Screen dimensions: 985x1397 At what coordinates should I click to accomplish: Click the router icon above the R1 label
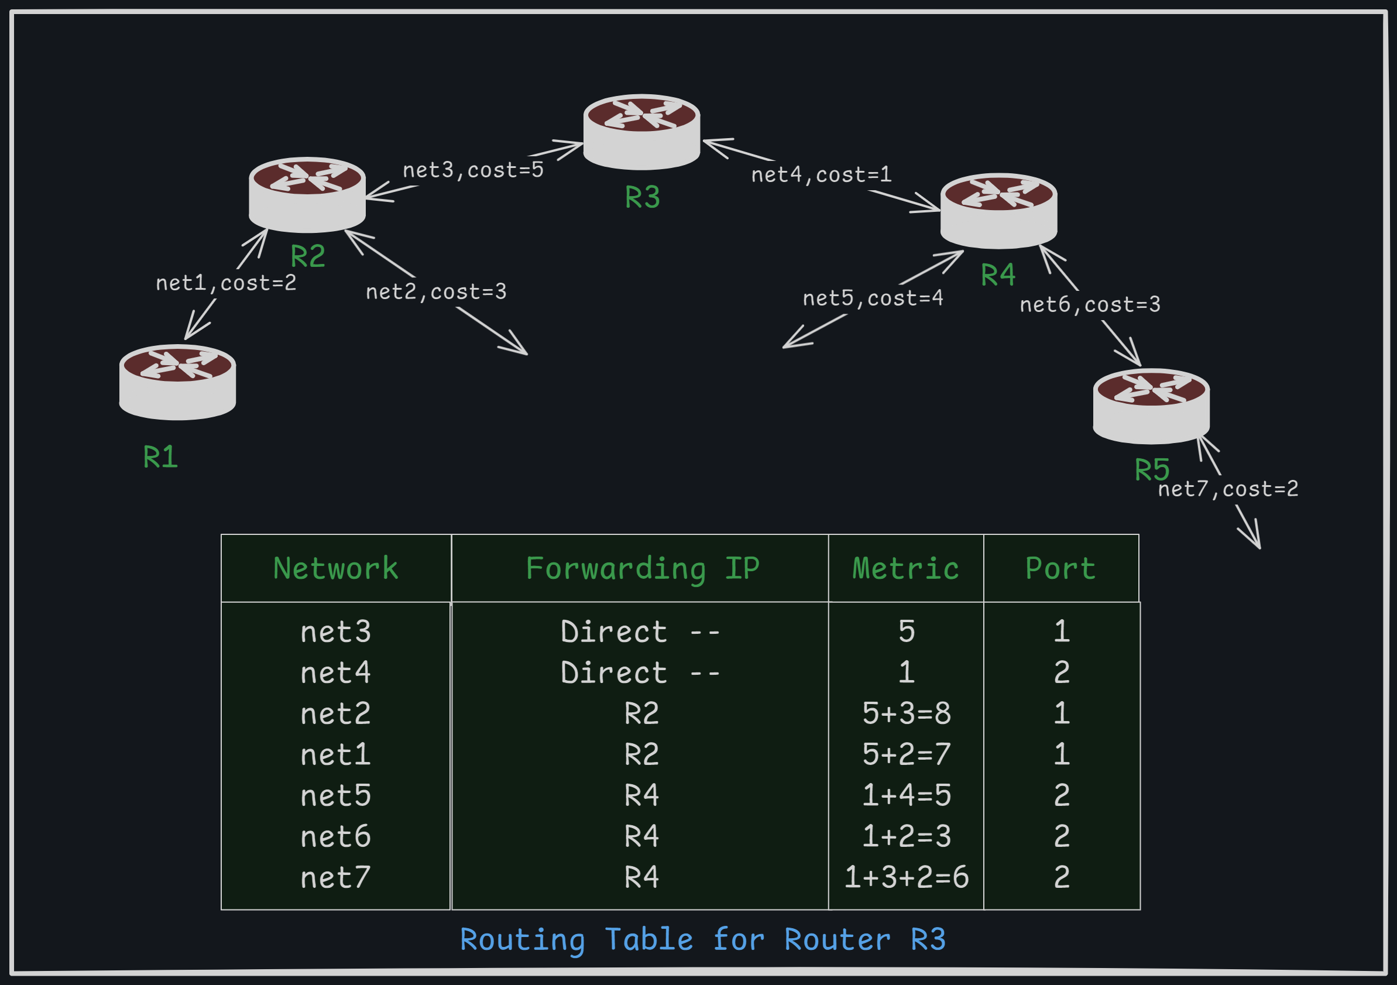point(177,382)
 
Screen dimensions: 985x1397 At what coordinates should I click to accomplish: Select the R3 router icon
point(641,132)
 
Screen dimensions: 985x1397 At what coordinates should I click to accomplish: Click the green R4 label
point(998,275)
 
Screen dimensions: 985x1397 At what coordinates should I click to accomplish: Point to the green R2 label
point(308,256)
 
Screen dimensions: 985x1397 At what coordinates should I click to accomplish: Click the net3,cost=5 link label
point(473,170)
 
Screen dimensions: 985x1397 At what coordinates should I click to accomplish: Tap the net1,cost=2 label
point(226,283)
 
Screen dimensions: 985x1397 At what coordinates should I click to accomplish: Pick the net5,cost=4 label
point(873,298)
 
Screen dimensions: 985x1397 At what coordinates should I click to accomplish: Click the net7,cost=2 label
point(1227,489)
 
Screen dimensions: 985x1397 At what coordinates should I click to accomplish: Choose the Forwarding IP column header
point(642,568)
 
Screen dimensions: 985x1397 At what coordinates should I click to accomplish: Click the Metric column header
point(905,568)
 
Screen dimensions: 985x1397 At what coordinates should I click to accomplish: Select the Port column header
point(1060,568)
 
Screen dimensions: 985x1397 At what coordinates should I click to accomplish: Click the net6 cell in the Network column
point(335,836)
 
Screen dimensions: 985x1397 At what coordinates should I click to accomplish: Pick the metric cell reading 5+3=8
point(906,713)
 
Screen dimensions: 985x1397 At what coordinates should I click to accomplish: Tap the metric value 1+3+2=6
point(906,877)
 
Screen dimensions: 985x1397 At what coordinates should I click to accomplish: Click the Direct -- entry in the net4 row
point(641,672)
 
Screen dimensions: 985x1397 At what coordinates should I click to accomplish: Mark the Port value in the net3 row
point(1061,631)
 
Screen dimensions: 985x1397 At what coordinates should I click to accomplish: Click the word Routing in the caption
point(522,939)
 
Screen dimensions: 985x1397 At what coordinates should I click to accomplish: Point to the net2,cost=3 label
point(435,292)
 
